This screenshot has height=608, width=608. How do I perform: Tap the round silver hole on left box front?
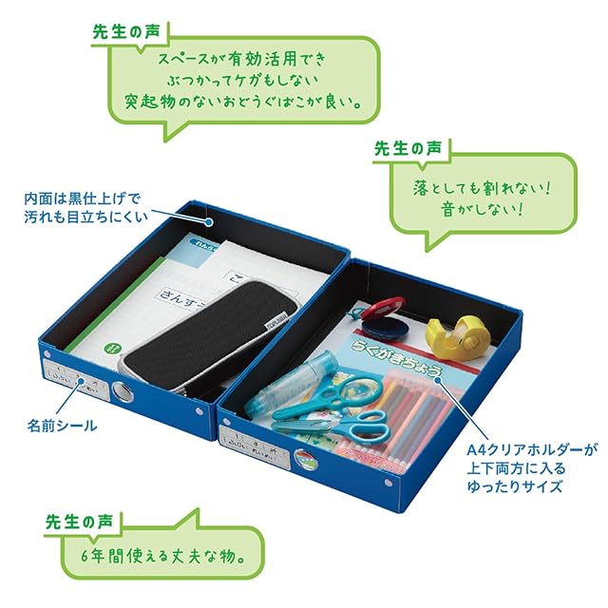123,391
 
